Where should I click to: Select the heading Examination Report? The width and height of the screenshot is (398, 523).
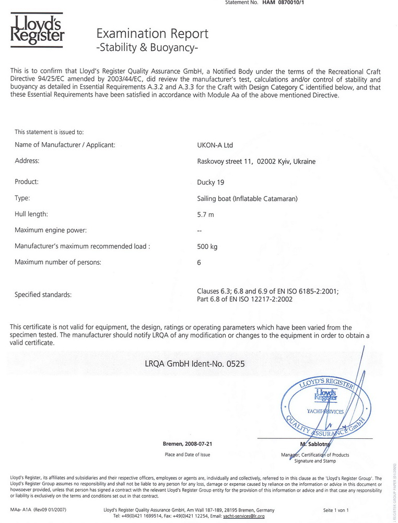(153, 34)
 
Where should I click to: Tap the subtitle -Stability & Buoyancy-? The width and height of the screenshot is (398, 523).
(148, 49)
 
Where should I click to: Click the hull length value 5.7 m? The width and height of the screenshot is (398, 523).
(205, 214)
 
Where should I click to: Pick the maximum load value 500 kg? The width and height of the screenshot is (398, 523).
(207, 246)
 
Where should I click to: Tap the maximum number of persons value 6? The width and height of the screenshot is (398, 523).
(199, 263)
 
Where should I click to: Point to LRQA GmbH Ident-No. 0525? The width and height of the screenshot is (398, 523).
(194, 362)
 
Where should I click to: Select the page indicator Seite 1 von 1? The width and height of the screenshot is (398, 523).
(336, 510)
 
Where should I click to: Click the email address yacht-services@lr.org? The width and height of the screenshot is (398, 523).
(244, 516)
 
